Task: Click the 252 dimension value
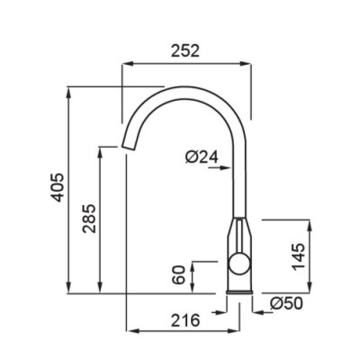tap(185, 50)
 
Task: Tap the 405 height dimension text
tap(57, 187)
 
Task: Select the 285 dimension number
tap(89, 219)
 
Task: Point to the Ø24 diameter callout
tap(202, 157)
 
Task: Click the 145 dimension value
tap(299, 256)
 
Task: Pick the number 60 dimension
tap(179, 274)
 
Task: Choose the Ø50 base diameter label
tap(286, 303)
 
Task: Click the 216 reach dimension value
tap(185, 320)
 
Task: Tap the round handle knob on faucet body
tap(239, 264)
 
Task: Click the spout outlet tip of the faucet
tap(128, 147)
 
